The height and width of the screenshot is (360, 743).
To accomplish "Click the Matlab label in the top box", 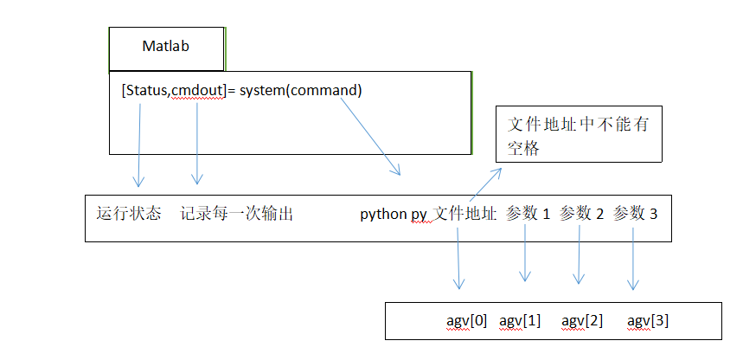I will click(x=167, y=47).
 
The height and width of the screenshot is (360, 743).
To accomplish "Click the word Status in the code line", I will click(x=148, y=90).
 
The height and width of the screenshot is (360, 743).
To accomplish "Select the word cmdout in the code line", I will click(x=197, y=90).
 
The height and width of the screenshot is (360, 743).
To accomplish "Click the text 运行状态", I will click(x=129, y=214).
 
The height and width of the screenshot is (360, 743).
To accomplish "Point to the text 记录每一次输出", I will click(x=236, y=214).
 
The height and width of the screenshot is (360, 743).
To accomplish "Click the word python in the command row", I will click(x=382, y=214).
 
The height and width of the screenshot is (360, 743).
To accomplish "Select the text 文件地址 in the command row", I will click(x=464, y=214).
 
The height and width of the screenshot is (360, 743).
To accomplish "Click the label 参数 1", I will click(x=528, y=214).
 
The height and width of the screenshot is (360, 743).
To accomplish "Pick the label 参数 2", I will click(x=581, y=214).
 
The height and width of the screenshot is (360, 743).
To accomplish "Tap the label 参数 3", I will click(x=635, y=214).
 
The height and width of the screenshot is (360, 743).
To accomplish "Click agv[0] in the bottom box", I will click(x=466, y=321).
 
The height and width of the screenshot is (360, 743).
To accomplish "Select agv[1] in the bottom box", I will click(x=520, y=321).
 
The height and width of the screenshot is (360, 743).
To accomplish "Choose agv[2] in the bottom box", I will click(x=582, y=321).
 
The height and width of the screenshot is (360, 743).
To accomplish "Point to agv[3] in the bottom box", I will click(x=647, y=321).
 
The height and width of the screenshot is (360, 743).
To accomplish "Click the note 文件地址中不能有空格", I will click(x=578, y=136).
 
